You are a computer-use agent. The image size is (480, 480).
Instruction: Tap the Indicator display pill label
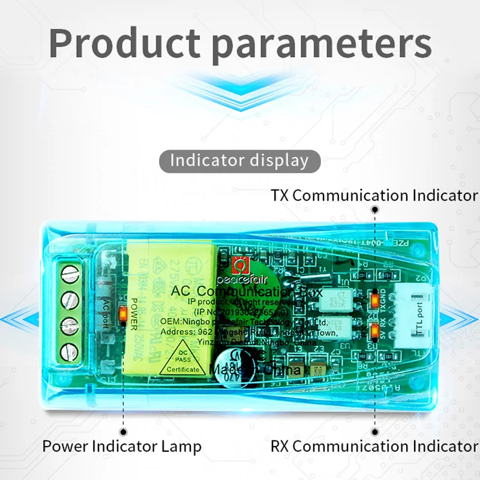tap(239, 161)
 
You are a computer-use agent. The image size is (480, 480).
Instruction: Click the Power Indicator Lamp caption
tap(122, 446)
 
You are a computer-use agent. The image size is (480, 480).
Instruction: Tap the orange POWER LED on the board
tap(123, 313)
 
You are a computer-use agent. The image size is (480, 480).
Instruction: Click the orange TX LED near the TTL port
tap(375, 297)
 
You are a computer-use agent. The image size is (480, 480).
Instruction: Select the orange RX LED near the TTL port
tap(375, 329)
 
